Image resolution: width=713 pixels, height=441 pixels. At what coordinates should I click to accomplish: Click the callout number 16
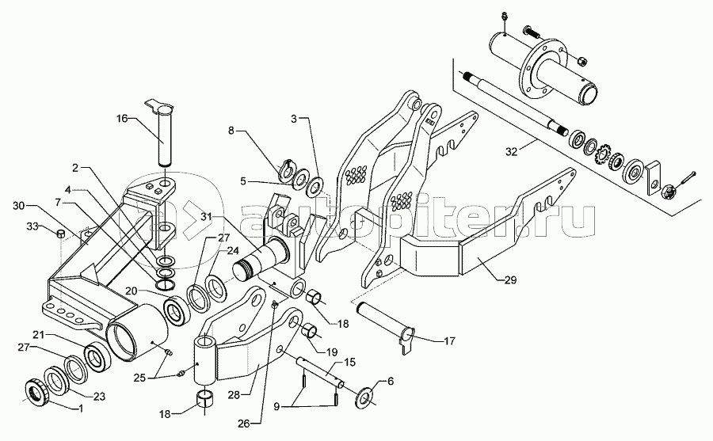122,119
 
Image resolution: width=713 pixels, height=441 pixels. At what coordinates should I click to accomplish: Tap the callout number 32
512,151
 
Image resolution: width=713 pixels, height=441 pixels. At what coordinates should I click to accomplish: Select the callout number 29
511,280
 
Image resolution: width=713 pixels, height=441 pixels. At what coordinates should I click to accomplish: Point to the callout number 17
449,340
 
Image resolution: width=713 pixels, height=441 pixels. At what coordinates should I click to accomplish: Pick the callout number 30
19,206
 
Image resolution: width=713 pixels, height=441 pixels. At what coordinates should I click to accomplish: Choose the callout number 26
244,424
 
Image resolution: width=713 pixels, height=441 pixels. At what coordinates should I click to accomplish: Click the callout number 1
81,409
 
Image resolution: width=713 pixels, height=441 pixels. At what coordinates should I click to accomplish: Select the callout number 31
206,217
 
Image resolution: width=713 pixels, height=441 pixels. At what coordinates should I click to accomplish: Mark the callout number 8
231,131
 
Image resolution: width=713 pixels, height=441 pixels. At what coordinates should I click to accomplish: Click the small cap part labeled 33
59,234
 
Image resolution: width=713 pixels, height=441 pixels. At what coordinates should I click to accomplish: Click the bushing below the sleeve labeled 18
205,398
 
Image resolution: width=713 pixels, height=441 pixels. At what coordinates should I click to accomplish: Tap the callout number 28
234,394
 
